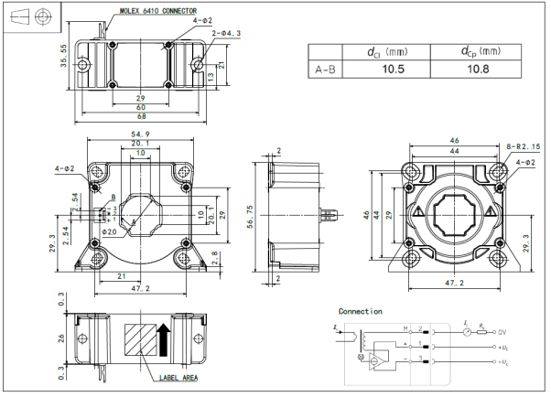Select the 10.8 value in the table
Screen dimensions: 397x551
coord(480,69)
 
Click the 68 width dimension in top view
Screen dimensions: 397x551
coord(141,116)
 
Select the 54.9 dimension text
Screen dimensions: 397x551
coord(141,134)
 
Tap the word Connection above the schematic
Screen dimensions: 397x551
coord(360,312)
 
